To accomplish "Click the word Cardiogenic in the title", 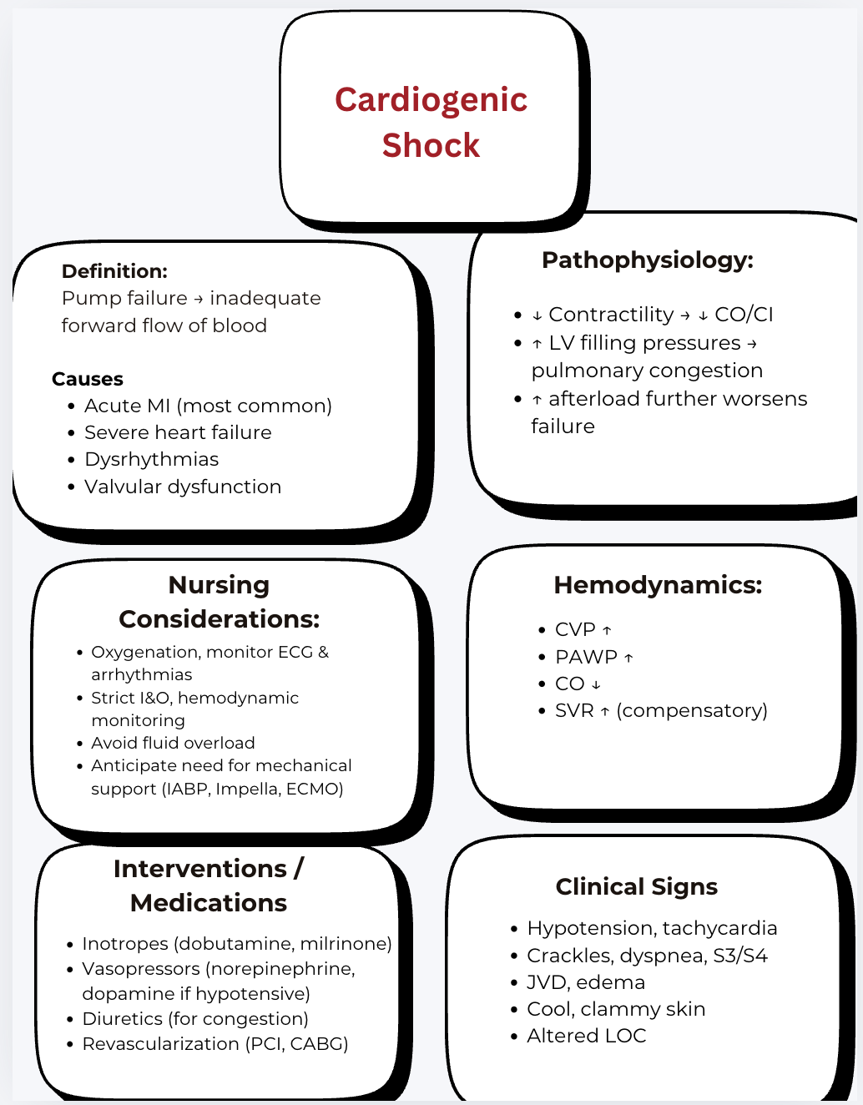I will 431,100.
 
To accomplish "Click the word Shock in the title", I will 431,145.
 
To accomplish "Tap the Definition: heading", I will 114,271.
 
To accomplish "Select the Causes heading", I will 88,379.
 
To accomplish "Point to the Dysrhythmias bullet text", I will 151,460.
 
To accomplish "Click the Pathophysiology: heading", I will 647,260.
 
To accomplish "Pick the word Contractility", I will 611,315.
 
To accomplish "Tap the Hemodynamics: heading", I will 658,585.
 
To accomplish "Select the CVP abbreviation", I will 575,630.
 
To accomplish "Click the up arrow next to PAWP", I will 628,658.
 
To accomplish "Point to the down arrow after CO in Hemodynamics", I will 596,684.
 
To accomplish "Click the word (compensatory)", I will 692,711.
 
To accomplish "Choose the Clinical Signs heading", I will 636,887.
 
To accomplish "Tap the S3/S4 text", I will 740,956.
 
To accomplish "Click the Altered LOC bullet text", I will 586,1036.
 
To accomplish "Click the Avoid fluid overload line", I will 173,743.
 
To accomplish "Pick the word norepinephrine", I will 285,969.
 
